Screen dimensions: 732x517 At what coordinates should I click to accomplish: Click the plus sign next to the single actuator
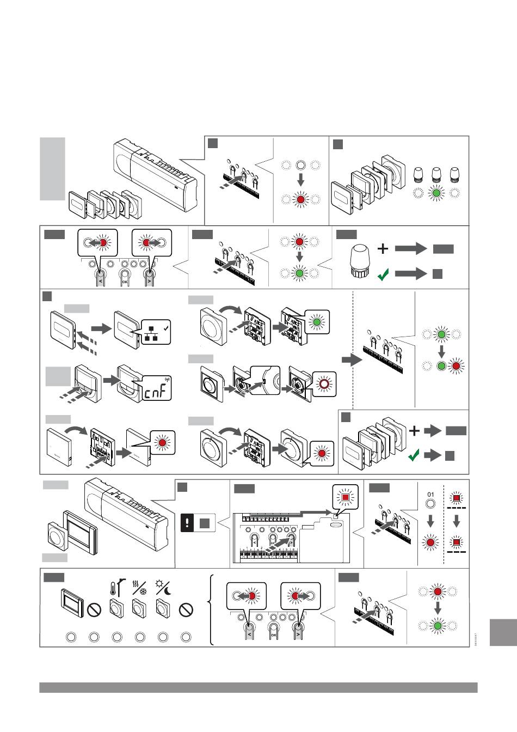(383, 249)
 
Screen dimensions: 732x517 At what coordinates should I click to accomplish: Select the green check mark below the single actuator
(383, 274)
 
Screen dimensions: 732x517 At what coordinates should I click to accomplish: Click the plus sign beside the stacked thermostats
(415, 431)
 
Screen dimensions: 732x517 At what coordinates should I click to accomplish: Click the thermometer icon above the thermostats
(114, 589)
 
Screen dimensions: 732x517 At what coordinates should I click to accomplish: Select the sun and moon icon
(163, 589)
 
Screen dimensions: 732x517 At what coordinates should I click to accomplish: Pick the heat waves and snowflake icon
(139, 589)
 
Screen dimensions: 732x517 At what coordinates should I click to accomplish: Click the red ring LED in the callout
(324, 383)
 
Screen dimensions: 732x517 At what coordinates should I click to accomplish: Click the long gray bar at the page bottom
(258, 688)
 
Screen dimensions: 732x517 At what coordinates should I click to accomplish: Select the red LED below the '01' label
(430, 542)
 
